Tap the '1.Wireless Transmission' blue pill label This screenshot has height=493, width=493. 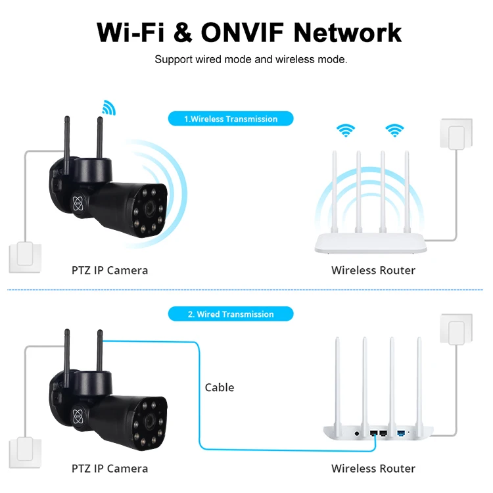230,119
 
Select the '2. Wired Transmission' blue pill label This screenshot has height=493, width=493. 230,314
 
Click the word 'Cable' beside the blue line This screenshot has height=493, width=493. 220,387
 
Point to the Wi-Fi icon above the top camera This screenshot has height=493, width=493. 108,107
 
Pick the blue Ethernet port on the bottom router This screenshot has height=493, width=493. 400,433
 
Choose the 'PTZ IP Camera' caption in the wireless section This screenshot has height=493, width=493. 110,270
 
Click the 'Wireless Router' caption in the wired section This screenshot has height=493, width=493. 373,469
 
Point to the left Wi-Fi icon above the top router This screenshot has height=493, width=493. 346,129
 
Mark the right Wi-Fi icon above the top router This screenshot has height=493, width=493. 394,129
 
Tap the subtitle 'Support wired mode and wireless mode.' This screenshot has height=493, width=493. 250,60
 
